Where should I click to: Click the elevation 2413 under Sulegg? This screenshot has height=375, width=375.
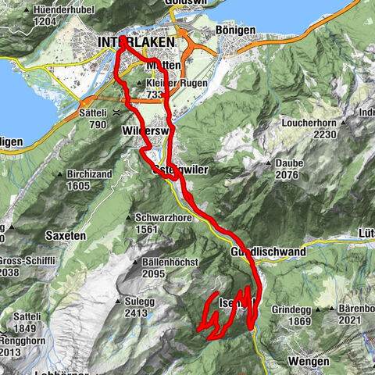click(136, 312)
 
